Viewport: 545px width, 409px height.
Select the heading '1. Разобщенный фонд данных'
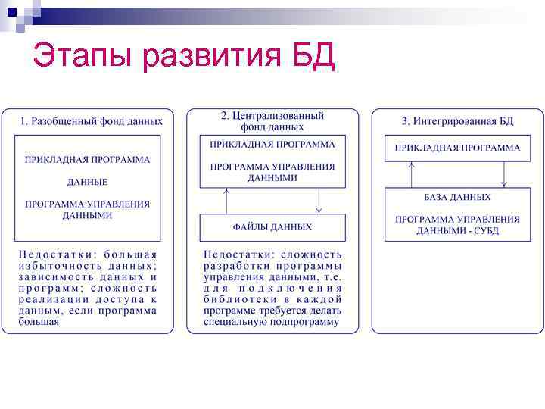click(x=92, y=120)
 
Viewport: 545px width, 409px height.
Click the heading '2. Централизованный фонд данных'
click(x=272, y=121)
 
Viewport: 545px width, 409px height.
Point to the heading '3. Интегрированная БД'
click(x=458, y=120)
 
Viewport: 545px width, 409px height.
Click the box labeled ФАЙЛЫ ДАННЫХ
click(x=272, y=227)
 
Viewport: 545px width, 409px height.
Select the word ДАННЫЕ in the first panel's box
click(x=87, y=183)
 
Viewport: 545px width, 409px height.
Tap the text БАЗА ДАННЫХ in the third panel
click(x=457, y=197)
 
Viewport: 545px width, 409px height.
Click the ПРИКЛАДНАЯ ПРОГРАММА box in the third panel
click(x=457, y=148)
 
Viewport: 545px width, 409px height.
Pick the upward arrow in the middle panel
click(x=226, y=201)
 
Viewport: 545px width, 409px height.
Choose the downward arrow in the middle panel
click(x=319, y=201)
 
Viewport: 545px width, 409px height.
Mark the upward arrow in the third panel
click(x=411, y=174)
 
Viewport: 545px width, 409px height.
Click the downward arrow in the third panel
click(x=503, y=174)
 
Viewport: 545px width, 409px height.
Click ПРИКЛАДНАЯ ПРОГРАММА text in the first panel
click(x=87, y=160)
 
